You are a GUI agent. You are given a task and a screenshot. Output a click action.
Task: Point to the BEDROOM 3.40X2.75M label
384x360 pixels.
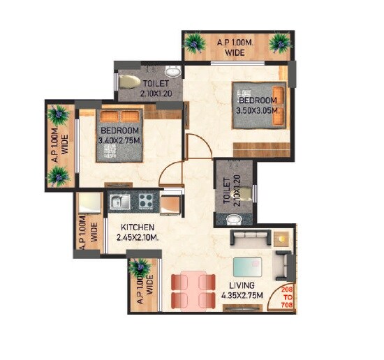click(x=119, y=136)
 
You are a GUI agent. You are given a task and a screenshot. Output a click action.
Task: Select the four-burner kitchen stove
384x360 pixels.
click(x=146, y=202)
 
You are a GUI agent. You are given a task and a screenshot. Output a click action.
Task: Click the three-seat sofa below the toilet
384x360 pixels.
click(x=249, y=241)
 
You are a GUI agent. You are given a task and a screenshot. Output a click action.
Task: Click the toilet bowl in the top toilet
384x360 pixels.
click(x=131, y=81)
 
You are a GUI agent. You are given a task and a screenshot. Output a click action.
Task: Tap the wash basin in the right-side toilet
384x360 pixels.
click(x=235, y=220)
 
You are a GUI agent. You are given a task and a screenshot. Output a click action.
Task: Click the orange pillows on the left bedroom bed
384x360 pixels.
click(x=120, y=116)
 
